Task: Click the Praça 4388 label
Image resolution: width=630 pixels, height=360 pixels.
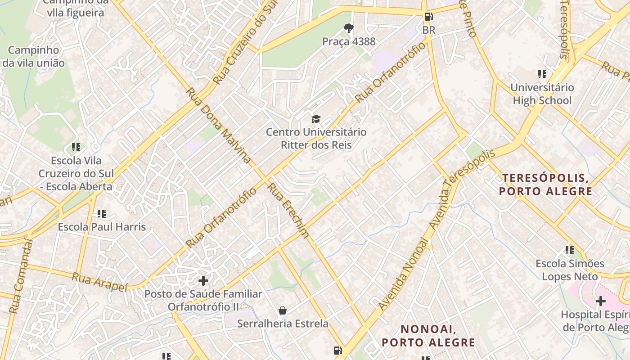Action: point(348,41)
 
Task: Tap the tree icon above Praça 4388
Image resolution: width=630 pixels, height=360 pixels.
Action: point(348,28)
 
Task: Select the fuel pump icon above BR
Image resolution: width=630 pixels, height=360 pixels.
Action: point(428,17)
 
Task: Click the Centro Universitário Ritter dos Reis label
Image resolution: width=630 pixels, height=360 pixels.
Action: point(316,139)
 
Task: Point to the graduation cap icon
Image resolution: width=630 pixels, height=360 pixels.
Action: point(316,119)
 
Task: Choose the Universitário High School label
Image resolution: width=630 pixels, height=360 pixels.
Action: point(542,94)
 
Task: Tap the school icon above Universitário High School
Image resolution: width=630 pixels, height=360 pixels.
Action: point(542,74)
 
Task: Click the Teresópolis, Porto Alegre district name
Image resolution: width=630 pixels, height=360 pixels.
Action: point(545,184)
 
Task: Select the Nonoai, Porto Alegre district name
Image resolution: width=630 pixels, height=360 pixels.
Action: point(428,336)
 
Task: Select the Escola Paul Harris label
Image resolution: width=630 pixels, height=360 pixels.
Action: point(102,227)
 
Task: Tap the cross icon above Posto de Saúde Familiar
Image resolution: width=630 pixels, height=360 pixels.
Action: point(203,281)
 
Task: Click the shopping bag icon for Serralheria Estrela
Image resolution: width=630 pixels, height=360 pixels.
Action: point(283,310)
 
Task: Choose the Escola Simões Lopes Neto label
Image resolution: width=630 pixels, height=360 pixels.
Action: point(570,270)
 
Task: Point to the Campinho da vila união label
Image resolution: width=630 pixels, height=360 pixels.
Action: point(33,56)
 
